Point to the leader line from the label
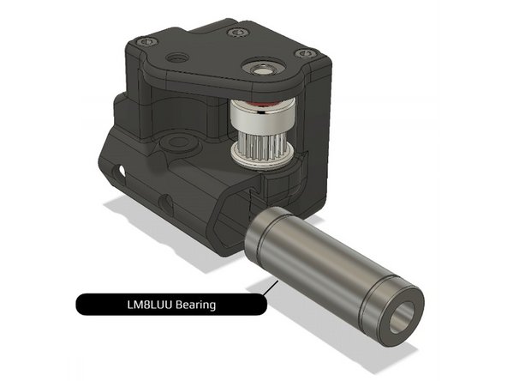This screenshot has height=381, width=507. (269, 290)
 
